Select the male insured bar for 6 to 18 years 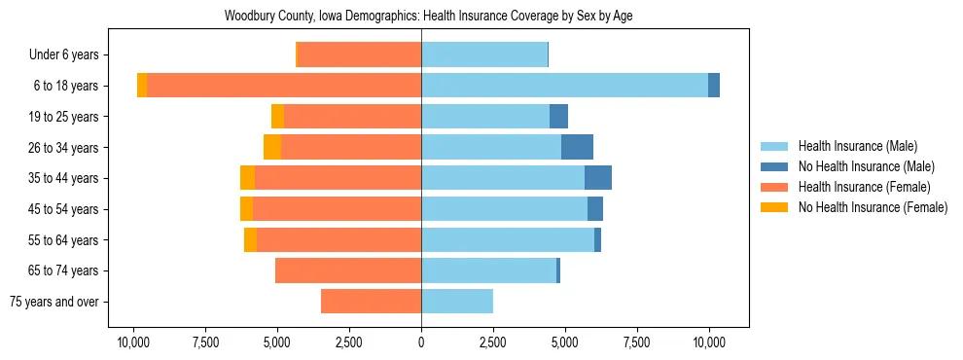[x=564, y=86]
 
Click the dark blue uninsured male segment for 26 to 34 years [x=577, y=147]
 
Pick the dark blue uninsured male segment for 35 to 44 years [x=598, y=178]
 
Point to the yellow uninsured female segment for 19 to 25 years [x=277, y=117]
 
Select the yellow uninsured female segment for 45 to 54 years [x=246, y=209]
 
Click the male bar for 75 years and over [x=457, y=302]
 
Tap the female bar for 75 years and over [x=371, y=302]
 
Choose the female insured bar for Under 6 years [x=359, y=55]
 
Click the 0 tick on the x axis [x=421, y=342]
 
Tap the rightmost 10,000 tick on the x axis [x=709, y=342]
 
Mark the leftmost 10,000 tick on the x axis [x=133, y=342]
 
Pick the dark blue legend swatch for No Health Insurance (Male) [x=774, y=166]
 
